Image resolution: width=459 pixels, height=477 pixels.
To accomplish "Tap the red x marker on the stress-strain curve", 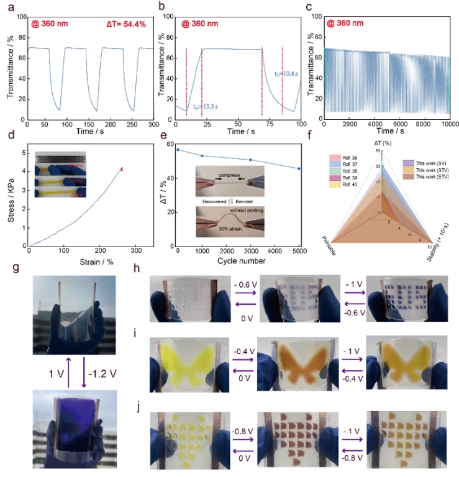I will [122, 169].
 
